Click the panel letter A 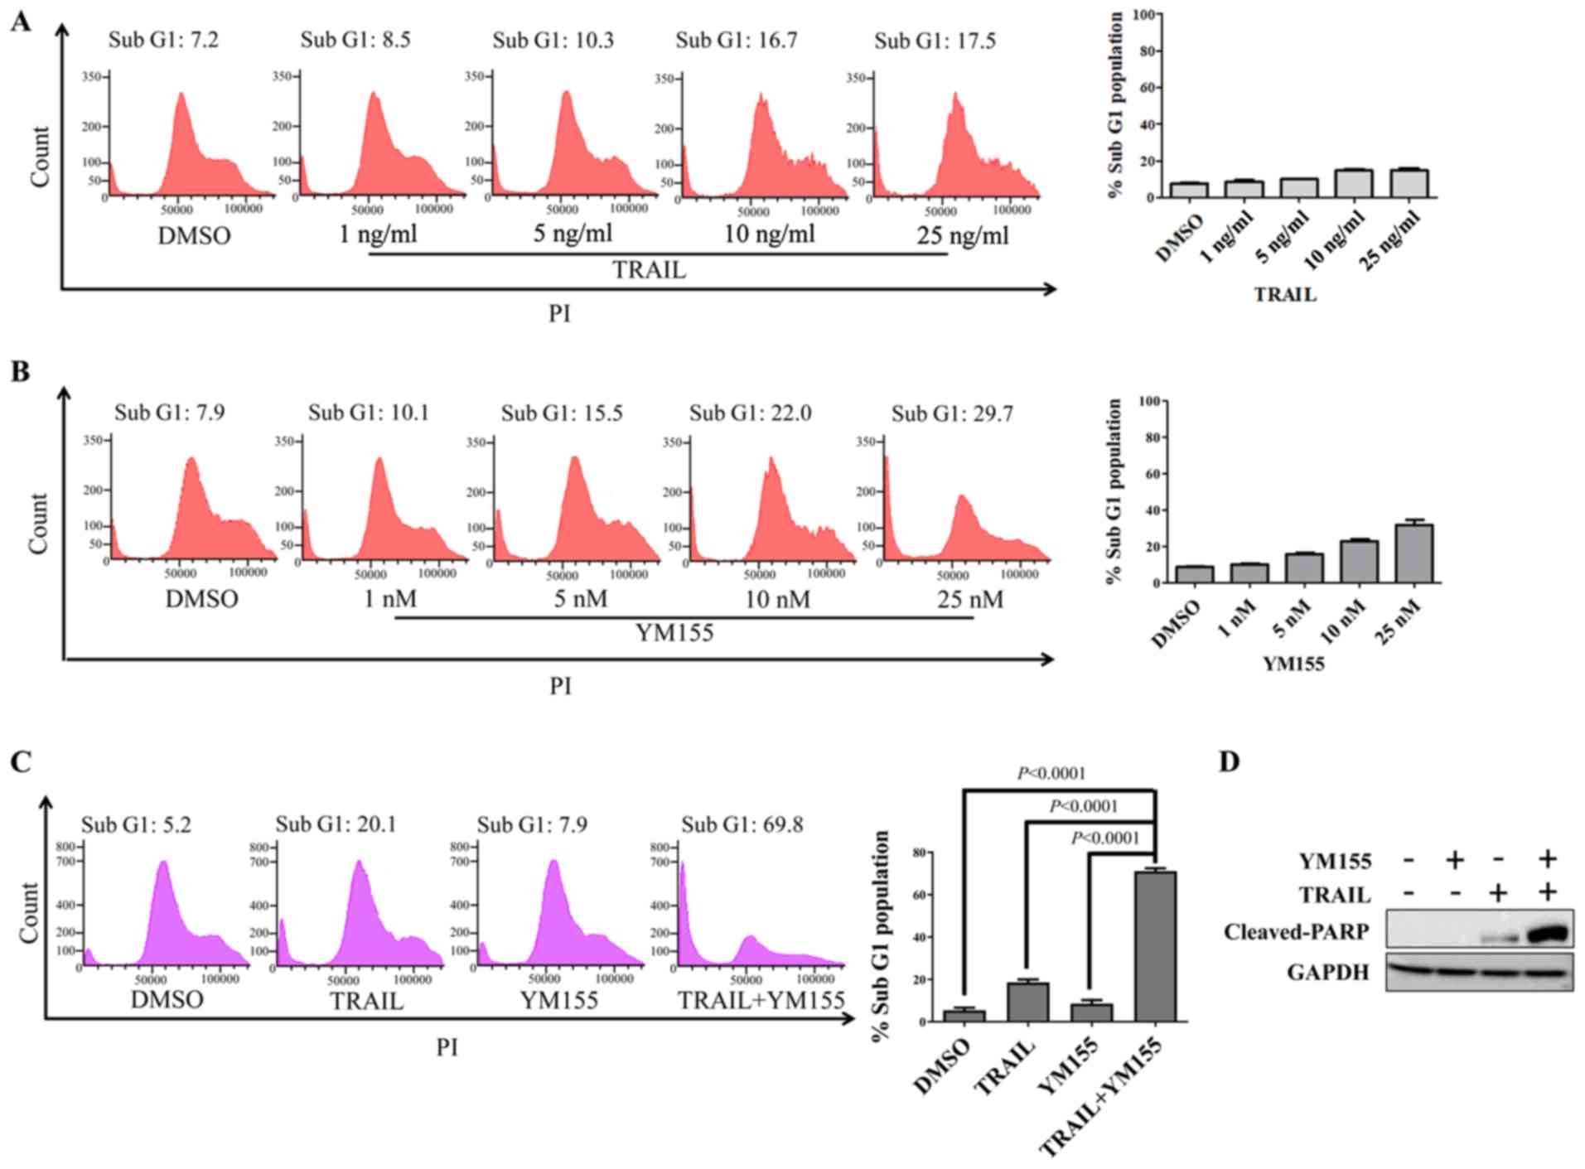coord(20,22)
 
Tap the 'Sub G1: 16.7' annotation coord(736,41)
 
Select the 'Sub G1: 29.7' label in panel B coord(951,413)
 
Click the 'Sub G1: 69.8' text coord(742,824)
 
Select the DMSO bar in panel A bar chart coord(1189,190)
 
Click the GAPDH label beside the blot coord(1327,972)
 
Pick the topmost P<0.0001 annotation coord(1051,773)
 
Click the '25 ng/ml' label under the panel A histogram coord(962,236)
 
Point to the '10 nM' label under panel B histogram coord(776,598)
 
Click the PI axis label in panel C coord(447,1047)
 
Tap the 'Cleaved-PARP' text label coord(1295,932)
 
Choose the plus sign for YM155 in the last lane coord(1546,859)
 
